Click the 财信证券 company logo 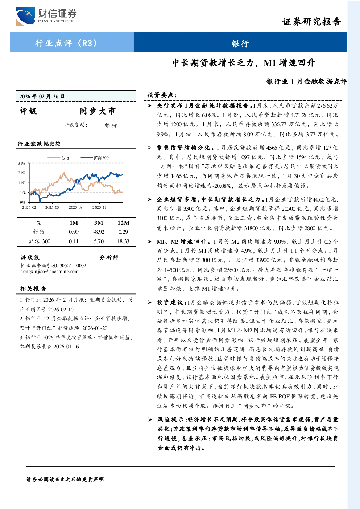(46, 16)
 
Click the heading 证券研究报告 (311, 22)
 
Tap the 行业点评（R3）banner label (66, 43)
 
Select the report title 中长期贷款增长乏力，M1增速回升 (243, 62)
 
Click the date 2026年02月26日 (42, 96)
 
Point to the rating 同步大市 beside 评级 (98, 111)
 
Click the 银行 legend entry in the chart (59, 157)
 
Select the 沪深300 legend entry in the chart (95, 157)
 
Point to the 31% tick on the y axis (22, 163)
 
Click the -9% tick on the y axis (22, 202)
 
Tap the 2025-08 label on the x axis (76, 207)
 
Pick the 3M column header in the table (99, 223)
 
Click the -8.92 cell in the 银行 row (99, 232)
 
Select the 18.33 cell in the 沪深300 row (123, 241)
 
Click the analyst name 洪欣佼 (30, 257)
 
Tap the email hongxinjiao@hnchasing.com (49, 271)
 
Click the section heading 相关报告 (33, 289)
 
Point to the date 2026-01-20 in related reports (95, 328)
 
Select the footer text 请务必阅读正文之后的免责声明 (65, 480)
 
